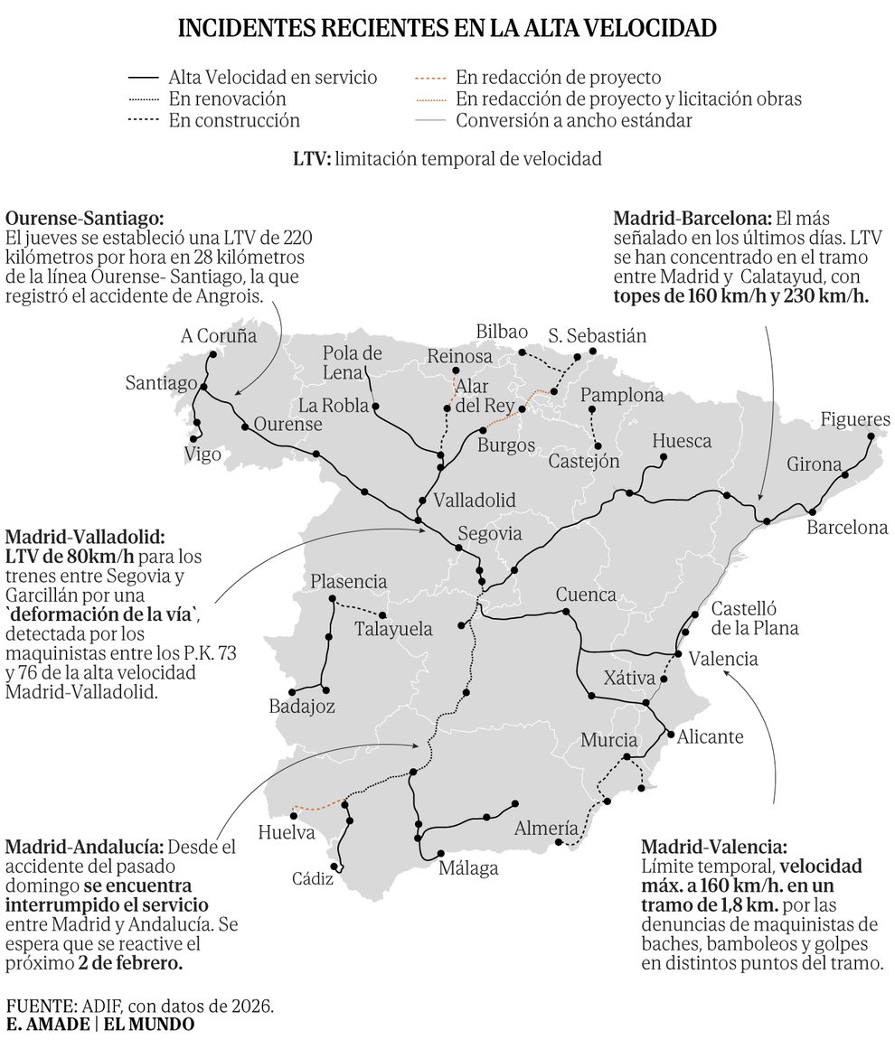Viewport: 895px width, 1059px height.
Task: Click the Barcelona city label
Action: (x=847, y=528)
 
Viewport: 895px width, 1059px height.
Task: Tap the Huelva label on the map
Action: (x=286, y=832)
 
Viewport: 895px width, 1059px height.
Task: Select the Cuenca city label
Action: (x=586, y=595)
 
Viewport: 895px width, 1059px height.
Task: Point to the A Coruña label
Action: (x=219, y=336)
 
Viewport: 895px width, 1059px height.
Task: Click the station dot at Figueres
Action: (x=870, y=437)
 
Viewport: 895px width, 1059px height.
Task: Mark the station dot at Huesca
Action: (x=664, y=458)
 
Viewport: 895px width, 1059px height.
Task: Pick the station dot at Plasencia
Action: (x=333, y=599)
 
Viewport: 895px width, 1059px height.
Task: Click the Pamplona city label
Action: (x=622, y=396)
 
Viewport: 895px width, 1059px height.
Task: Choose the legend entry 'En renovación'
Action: (x=227, y=98)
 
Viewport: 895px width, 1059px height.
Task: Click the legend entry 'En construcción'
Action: (x=234, y=120)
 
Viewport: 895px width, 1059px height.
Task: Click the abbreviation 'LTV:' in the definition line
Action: (x=312, y=160)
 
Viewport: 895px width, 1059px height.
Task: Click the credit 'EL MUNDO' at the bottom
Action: (x=148, y=1025)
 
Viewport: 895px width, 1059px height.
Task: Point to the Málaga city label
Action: (x=468, y=870)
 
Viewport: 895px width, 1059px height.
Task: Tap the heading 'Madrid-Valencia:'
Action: (x=714, y=848)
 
